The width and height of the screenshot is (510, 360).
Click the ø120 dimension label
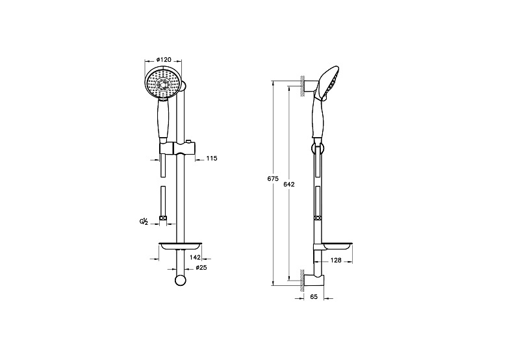pyautogui.click(x=164, y=60)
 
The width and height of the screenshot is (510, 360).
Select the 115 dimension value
pyautogui.click(x=212, y=159)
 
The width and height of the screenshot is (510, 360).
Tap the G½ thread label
pyautogui.click(x=144, y=222)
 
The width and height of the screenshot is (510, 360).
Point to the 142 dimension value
pyautogui.click(x=195, y=257)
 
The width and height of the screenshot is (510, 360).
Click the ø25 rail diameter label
pyautogui.click(x=201, y=268)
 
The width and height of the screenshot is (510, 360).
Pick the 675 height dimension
pyautogui.click(x=273, y=179)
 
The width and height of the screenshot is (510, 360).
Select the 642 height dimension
pyautogui.click(x=289, y=185)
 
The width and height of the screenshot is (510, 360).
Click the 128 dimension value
pyautogui.click(x=336, y=260)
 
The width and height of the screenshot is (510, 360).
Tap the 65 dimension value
pyautogui.click(x=314, y=296)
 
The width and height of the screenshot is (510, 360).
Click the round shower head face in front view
pyautogui.click(x=163, y=83)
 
